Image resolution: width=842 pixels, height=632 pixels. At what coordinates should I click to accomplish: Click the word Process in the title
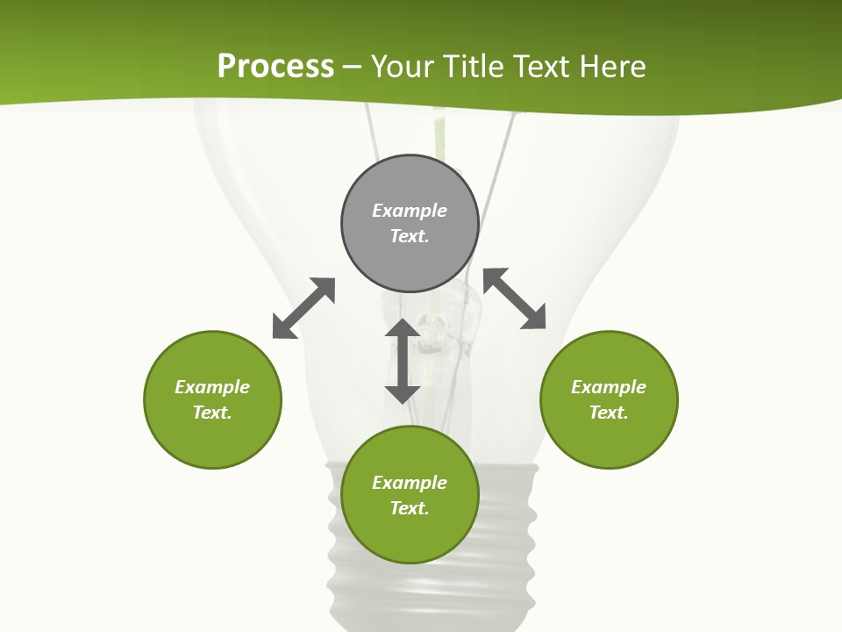point(275,67)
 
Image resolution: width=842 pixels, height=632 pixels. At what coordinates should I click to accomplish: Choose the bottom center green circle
point(410,535)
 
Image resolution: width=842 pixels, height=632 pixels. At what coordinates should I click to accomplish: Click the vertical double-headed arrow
point(403,361)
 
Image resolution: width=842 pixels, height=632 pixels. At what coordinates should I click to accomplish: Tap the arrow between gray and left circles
point(303,308)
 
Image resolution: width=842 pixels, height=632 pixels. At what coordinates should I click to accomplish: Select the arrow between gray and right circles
point(515,298)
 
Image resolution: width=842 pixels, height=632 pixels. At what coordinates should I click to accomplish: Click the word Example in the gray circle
point(410,211)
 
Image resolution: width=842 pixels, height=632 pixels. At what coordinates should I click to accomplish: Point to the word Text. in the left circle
point(212,413)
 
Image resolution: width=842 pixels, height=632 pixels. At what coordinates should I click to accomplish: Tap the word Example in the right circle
point(609,387)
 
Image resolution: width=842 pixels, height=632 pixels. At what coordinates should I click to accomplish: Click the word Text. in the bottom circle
point(410,508)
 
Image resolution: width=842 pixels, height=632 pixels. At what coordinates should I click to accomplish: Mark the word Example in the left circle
point(212,387)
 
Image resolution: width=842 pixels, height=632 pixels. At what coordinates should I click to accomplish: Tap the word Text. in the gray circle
point(410,236)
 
